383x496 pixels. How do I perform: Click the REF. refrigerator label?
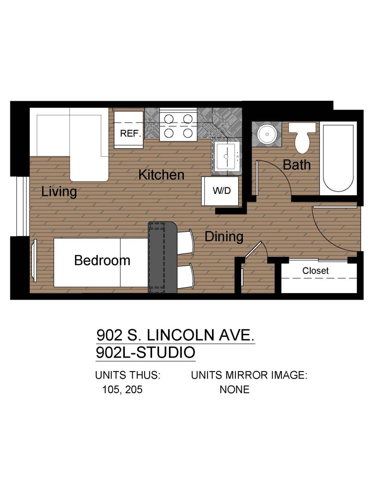click(x=130, y=134)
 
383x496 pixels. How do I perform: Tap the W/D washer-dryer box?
click(x=220, y=191)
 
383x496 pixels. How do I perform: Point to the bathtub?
click(x=338, y=158)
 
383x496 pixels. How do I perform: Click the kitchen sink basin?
click(x=226, y=156)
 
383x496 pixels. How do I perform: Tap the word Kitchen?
click(x=161, y=175)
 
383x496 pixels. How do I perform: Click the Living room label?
click(x=59, y=192)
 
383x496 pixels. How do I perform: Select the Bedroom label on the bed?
click(x=102, y=260)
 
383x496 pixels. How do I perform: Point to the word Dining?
click(x=224, y=236)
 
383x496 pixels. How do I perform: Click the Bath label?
click(x=297, y=165)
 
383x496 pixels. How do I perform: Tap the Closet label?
click(x=316, y=271)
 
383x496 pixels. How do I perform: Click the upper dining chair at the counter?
click(x=185, y=242)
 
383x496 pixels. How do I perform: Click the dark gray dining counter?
click(x=163, y=257)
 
